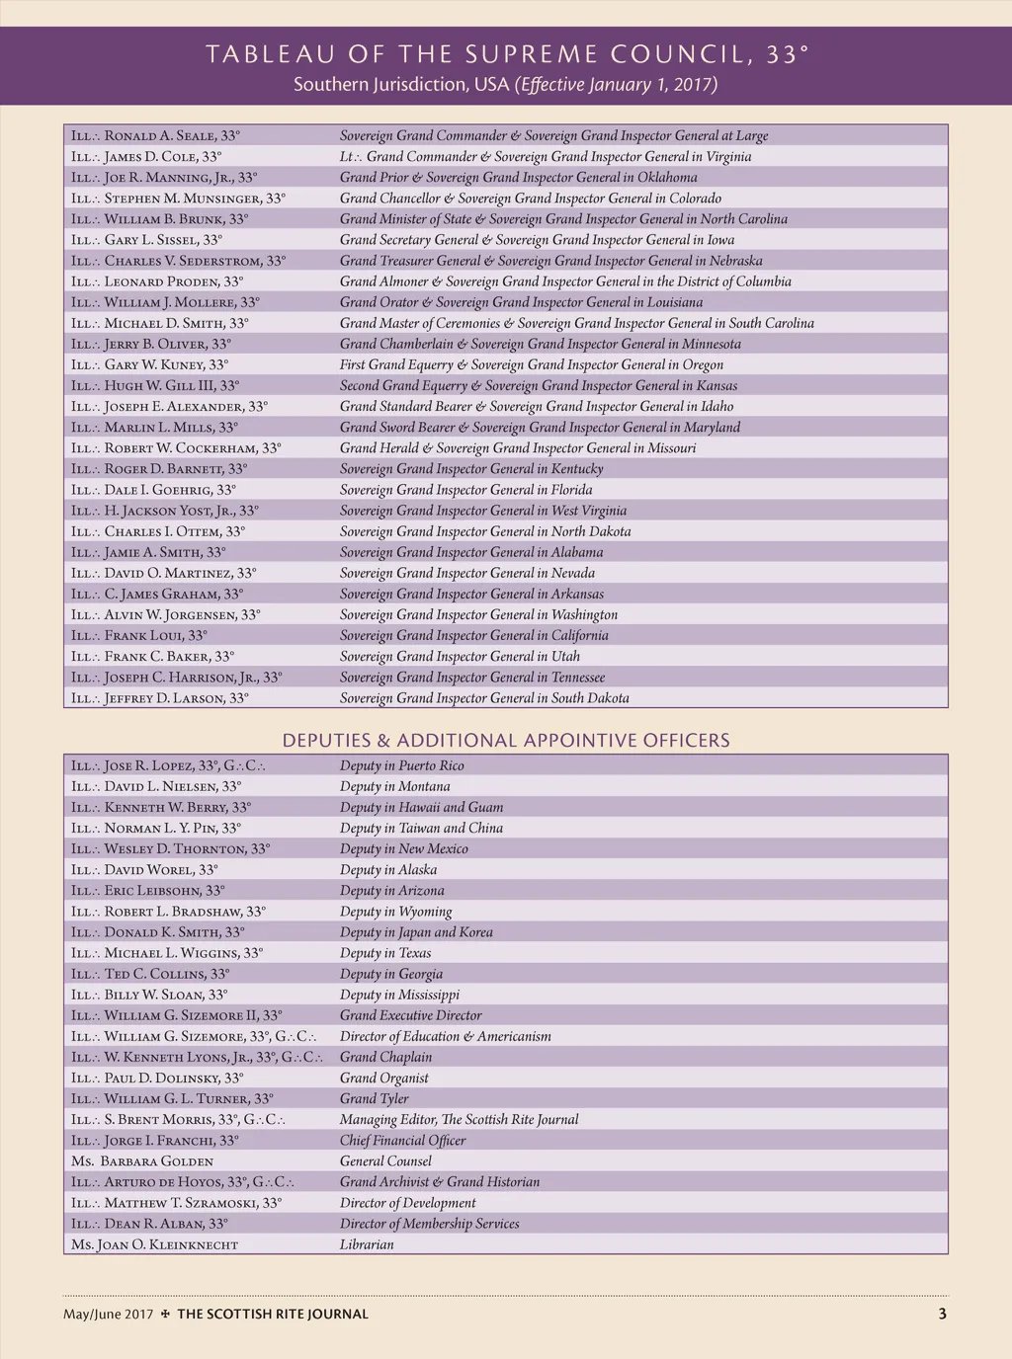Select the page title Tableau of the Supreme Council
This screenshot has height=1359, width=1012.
(506, 54)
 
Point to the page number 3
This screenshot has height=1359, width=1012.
(942, 1314)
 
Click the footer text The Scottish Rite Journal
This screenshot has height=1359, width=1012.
(272, 1315)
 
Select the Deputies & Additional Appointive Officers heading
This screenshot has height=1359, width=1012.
(506, 741)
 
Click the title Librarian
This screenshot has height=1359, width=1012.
(367, 1244)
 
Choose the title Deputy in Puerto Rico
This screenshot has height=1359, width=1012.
(401, 765)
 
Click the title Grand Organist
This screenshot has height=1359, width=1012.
(383, 1078)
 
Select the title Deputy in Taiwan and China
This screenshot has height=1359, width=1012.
(421, 829)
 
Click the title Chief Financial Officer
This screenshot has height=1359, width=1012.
(402, 1141)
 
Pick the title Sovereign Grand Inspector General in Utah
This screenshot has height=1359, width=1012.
(460, 657)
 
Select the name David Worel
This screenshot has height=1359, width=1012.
(144, 870)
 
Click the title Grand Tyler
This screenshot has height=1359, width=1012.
(374, 1098)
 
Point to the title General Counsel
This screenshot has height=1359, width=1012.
(385, 1161)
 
